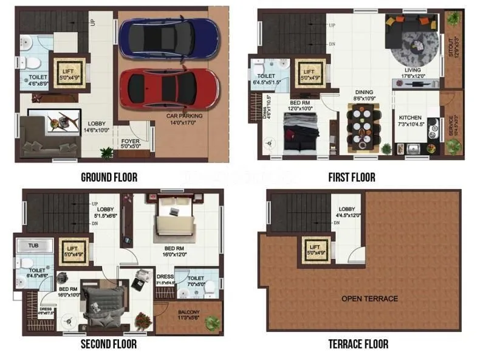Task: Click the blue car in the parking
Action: pyautogui.click(x=168, y=37)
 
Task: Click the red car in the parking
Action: pyautogui.click(x=168, y=88)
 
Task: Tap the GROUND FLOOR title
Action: pyautogui.click(x=109, y=178)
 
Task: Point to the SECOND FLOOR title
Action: pyautogui.click(x=109, y=344)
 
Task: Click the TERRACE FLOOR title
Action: pyautogui.click(x=358, y=344)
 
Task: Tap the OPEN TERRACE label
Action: pyautogui.click(x=369, y=299)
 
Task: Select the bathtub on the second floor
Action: pyautogui.click(x=29, y=246)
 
